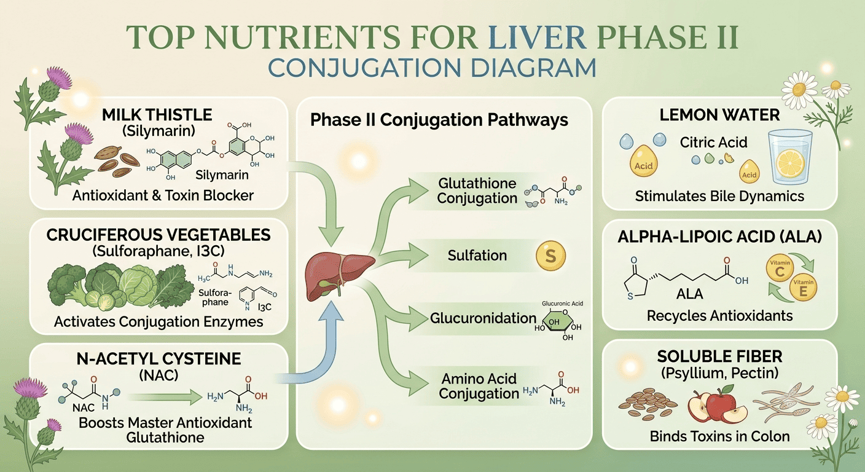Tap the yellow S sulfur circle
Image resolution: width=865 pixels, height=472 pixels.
(x=550, y=256)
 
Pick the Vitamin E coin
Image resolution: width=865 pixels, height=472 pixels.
(x=803, y=288)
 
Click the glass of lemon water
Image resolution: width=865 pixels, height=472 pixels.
(x=790, y=157)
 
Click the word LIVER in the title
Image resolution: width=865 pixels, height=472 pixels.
(x=537, y=37)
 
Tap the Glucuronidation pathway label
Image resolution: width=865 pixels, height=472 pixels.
(x=483, y=318)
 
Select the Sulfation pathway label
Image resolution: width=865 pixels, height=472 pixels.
(x=477, y=255)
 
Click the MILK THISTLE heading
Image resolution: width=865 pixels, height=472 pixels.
(x=157, y=115)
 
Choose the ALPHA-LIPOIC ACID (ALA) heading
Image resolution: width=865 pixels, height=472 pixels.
(x=720, y=237)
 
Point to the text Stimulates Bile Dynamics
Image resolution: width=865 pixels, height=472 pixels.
(x=720, y=196)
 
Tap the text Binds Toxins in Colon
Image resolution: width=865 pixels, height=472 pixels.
(x=720, y=436)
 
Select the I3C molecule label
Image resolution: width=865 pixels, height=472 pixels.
(x=265, y=307)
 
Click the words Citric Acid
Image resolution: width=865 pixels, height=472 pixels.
(x=714, y=142)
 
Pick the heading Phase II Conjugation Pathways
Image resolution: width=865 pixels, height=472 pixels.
(x=439, y=120)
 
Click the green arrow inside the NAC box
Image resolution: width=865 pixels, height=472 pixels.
(x=165, y=396)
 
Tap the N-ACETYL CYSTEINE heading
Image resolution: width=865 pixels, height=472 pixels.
(x=159, y=359)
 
